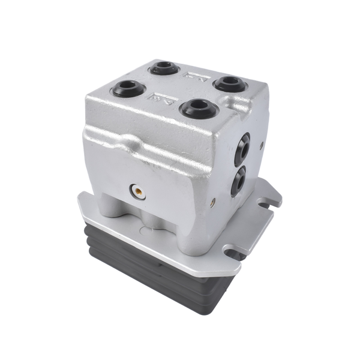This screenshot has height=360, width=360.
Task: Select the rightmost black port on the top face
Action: click(x=230, y=83)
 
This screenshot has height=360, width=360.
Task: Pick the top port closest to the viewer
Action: click(x=199, y=108)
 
